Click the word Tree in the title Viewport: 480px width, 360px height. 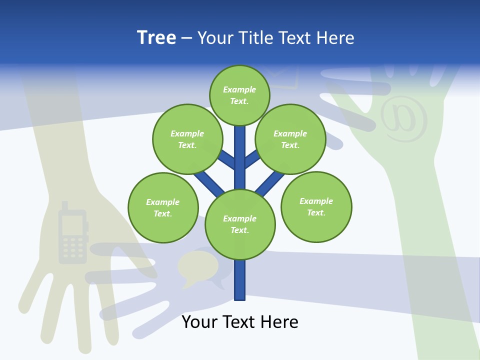[156, 37]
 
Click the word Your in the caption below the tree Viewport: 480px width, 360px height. [200, 322]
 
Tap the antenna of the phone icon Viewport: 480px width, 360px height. [64, 205]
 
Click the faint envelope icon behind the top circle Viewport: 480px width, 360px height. [282, 77]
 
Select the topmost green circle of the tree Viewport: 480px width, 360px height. [239, 95]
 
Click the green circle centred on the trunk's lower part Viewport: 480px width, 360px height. [240, 224]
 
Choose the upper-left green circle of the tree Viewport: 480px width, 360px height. [187, 139]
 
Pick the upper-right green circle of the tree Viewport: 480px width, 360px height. [290, 139]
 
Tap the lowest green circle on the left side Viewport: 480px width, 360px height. [163, 207]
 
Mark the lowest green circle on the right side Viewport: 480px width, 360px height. [316, 207]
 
